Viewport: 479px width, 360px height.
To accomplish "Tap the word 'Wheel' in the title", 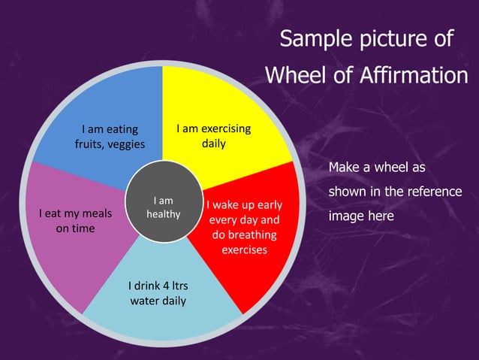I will coord(294,75).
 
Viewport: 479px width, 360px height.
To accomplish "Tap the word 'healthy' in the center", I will coord(163,214).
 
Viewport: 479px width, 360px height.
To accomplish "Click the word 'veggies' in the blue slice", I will coord(128,144).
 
